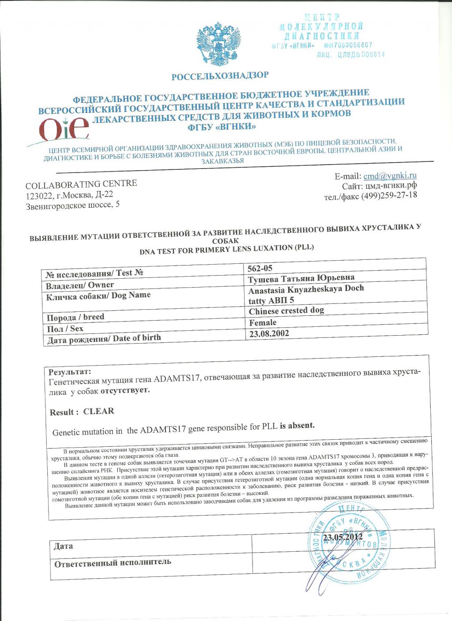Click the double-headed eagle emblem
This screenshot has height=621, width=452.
click(219, 45)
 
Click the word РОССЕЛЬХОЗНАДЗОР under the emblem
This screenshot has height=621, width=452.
click(220, 76)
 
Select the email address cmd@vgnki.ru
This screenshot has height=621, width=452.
click(390, 176)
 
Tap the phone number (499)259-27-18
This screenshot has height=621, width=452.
click(389, 195)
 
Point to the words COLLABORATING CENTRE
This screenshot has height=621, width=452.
click(81, 184)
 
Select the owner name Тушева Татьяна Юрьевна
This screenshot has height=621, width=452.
click(301, 278)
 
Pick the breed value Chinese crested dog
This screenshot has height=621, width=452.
click(286, 310)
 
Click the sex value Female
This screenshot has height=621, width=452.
click(263, 322)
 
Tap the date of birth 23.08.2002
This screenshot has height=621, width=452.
click(269, 333)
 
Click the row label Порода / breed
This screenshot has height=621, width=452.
click(75, 317)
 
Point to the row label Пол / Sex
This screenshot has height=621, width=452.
click(65, 329)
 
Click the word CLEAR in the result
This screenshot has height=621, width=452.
click(98, 411)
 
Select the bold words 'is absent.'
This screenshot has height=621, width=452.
click(297, 426)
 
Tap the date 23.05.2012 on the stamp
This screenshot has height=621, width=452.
click(343, 537)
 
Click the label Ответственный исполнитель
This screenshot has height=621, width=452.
click(113, 563)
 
